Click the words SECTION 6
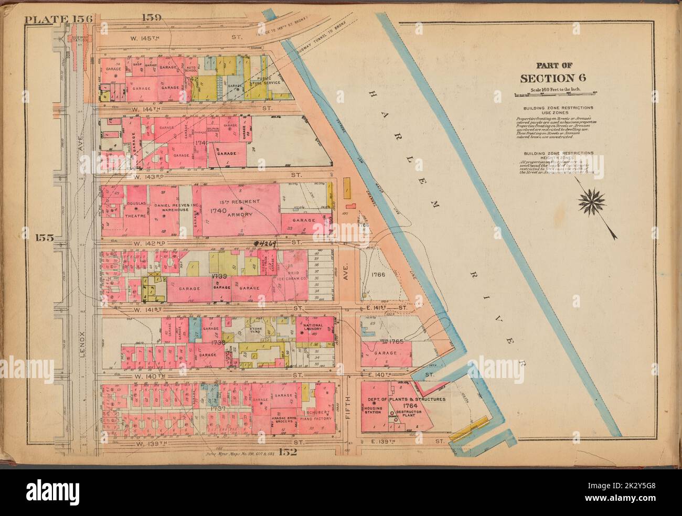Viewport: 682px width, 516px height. (553, 79)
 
